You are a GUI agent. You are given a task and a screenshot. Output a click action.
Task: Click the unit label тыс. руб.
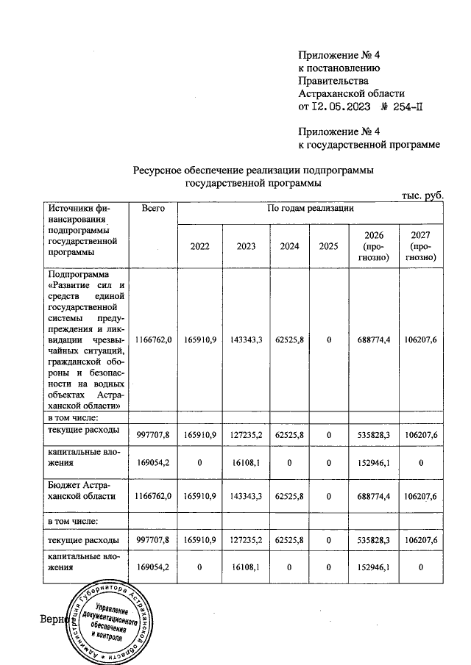pyautogui.click(x=422, y=195)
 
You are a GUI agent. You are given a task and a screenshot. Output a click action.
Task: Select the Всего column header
pyautogui.click(x=152, y=209)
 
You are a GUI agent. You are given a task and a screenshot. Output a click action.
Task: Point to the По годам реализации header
pyautogui.click(x=311, y=209)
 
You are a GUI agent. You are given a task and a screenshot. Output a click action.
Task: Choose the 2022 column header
pyautogui.click(x=200, y=247)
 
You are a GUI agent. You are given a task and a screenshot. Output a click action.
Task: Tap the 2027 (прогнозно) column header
pyautogui.click(x=421, y=247)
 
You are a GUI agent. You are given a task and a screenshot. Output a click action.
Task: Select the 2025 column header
pyautogui.click(x=329, y=247)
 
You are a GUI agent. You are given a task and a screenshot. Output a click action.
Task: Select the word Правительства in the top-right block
pyautogui.click(x=330, y=81)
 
